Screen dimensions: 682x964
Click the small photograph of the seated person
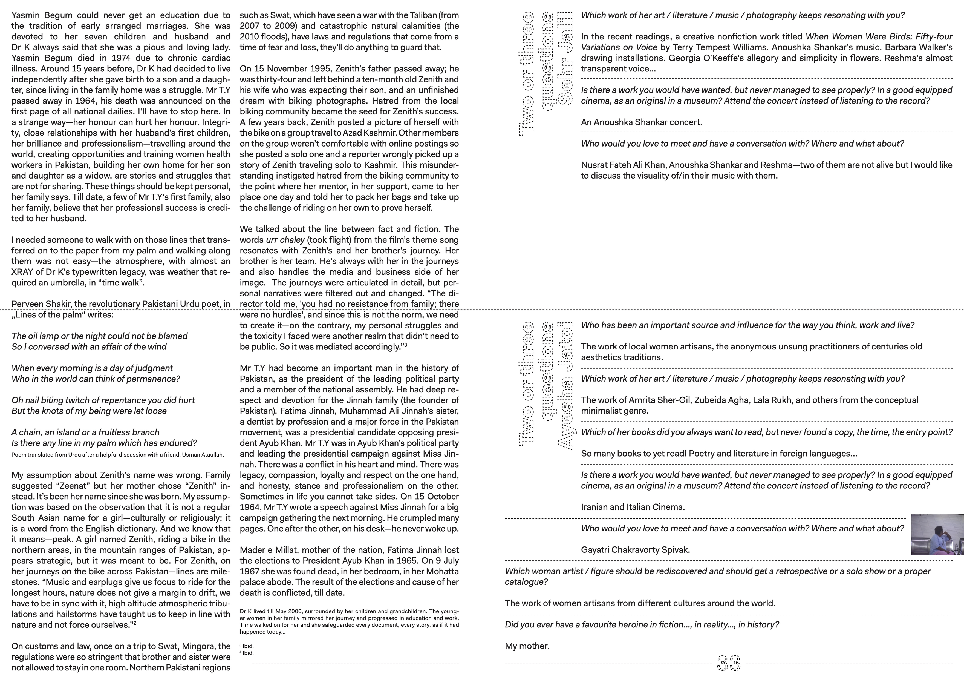tap(937, 534)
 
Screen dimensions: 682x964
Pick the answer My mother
tap(527, 646)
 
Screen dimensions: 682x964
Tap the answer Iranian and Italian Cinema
tap(633, 507)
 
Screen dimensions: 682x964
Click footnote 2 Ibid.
tap(247, 646)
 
